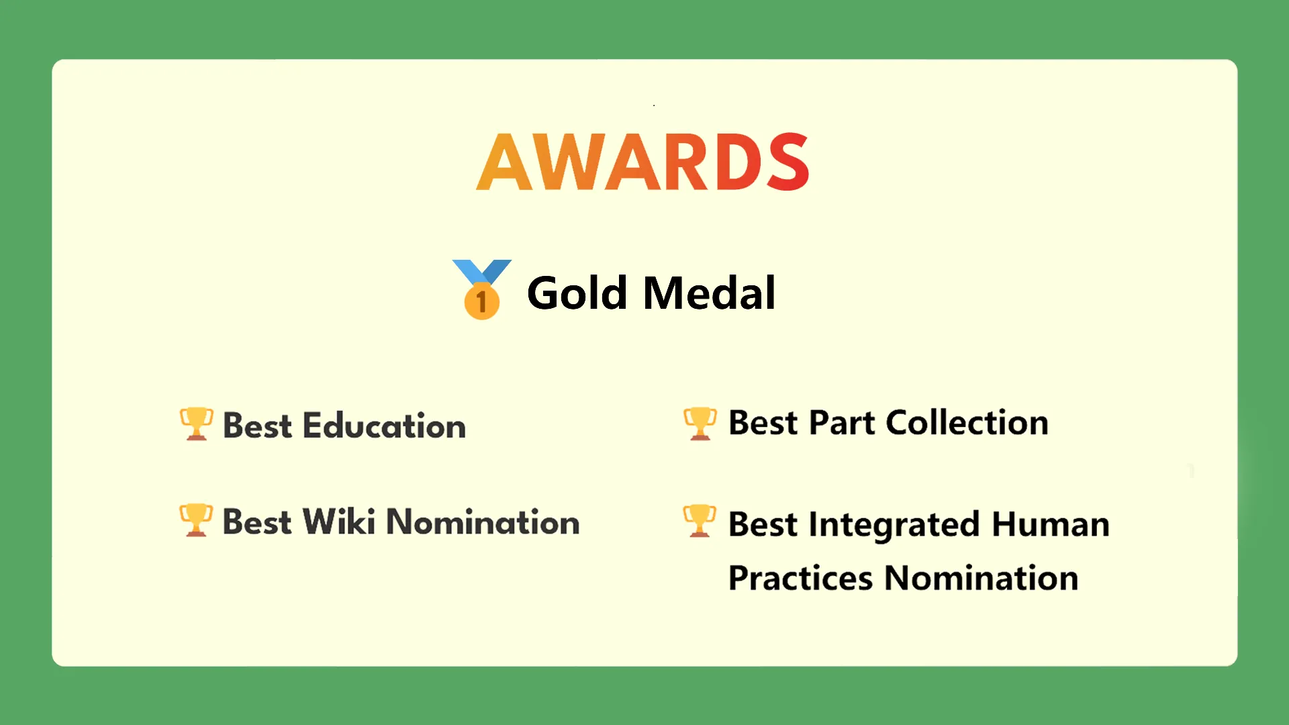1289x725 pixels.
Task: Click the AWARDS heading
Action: [643, 162]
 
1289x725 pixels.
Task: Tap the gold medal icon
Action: [482, 289]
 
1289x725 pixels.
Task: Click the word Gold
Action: [577, 293]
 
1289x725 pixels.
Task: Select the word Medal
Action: [710, 293]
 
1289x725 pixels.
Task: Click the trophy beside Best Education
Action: [196, 424]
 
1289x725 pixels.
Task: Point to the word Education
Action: [384, 426]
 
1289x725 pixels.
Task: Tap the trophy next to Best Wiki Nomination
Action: [196, 520]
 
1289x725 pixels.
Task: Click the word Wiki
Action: [339, 522]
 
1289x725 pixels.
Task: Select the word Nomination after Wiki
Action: [483, 522]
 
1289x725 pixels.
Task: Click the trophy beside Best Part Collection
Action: [700, 424]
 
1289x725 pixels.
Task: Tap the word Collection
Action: [967, 423]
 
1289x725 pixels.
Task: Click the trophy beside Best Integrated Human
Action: [700, 521]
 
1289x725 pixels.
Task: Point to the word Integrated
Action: [894, 525]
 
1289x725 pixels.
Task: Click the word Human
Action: [1051, 524]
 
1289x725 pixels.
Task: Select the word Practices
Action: [801, 578]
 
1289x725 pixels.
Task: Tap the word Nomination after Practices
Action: [982, 578]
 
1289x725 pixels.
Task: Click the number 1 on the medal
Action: [481, 301]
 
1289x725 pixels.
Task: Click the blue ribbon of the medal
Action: [482, 272]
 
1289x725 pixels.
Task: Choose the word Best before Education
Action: [257, 426]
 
